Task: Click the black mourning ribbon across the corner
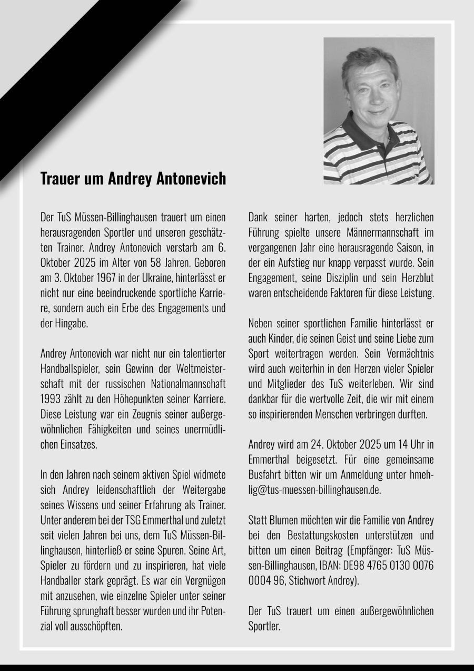79,79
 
